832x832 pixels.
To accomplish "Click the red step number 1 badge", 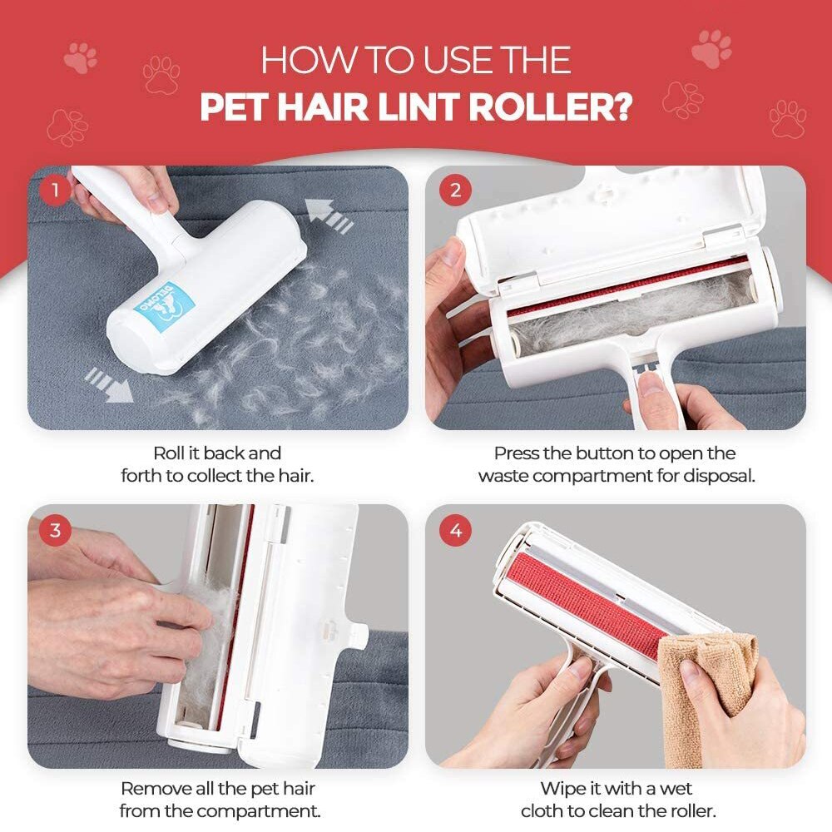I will pos(56,191).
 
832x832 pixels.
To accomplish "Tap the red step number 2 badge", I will pos(455,191).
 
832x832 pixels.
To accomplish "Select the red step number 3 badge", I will pos(56,530).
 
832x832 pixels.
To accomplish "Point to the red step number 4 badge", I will pos(455,530).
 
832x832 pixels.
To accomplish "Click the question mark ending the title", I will pos(621,108).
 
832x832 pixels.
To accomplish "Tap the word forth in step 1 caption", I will pos(143,476).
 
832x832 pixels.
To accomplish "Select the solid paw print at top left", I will pos(80,57).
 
